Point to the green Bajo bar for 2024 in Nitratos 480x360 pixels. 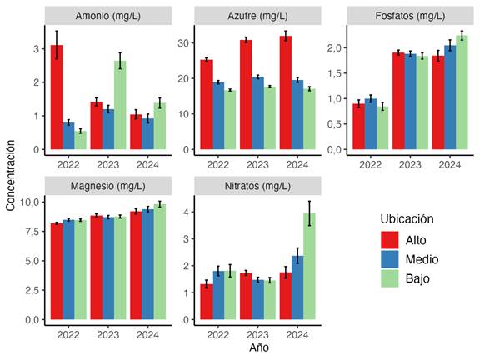309,267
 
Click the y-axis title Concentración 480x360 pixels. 10,175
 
